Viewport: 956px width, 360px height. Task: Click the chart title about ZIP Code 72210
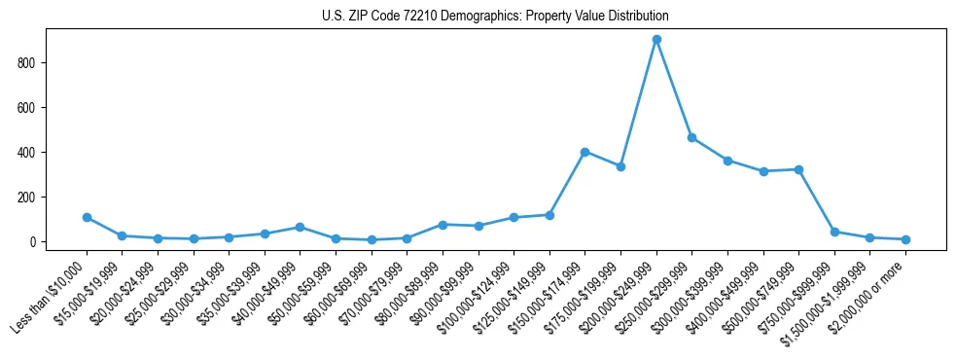[495, 17]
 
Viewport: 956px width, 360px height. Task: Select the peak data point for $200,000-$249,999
[656, 40]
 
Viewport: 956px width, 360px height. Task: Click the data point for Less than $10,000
[87, 217]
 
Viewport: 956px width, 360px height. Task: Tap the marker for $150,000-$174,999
[585, 152]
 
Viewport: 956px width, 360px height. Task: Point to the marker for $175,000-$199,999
[620, 166]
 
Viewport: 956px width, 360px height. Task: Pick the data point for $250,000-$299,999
[691, 138]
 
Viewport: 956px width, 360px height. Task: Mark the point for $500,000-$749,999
[798, 169]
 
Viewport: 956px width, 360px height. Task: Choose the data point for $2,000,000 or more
[905, 239]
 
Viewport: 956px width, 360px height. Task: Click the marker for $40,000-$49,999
[300, 227]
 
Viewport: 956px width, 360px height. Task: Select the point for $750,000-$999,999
[834, 232]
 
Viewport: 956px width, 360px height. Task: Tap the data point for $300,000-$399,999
[727, 161]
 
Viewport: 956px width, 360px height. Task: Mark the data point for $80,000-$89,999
[443, 225]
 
